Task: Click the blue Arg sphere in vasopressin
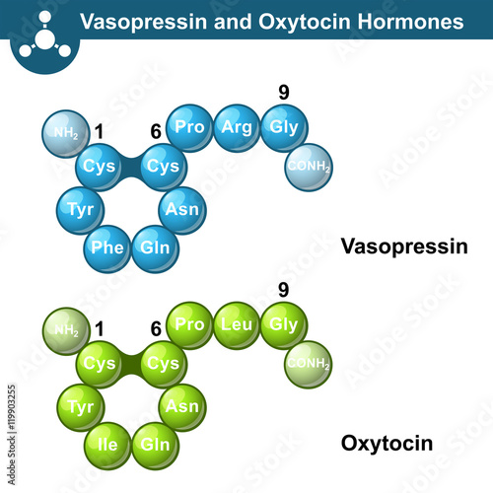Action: pyautogui.click(x=237, y=128)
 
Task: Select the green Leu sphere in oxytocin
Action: pyautogui.click(x=237, y=325)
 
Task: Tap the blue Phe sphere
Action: pyautogui.click(x=107, y=248)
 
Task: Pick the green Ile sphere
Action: pyautogui.click(x=107, y=446)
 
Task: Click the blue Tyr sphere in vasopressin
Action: pyautogui.click(x=81, y=210)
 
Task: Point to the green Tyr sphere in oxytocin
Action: pyautogui.click(x=81, y=407)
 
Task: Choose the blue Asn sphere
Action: pyautogui.click(x=182, y=210)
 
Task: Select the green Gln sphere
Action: pyautogui.click(x=155, y=446)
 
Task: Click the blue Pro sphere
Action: pyautogui.click(x=189, y=128)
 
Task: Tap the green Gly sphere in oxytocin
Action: pyautogui.click(x=284, y=325)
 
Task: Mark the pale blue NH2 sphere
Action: pyautogui.click(x=66, y=134)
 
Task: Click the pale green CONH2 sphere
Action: pyautogui.click(x=309, y=365)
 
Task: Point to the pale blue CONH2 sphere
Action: pyautogui.click(x=309, y=168)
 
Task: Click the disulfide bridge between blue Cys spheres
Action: pyautogui.click(x=131, y=168)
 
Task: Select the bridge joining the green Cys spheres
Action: pyautogui.click(x=131, y=365)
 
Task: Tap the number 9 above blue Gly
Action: pyautogui.click(x=284, y=93)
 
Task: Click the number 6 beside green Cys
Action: pyautogui.click(x=156, y=329)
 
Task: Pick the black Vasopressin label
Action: pyautogui.click(x=404, y=246)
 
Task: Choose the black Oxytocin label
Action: pyautogui.click(x=387, y=444)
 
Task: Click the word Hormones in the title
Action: pyautogui.click(x=410, y=22)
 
